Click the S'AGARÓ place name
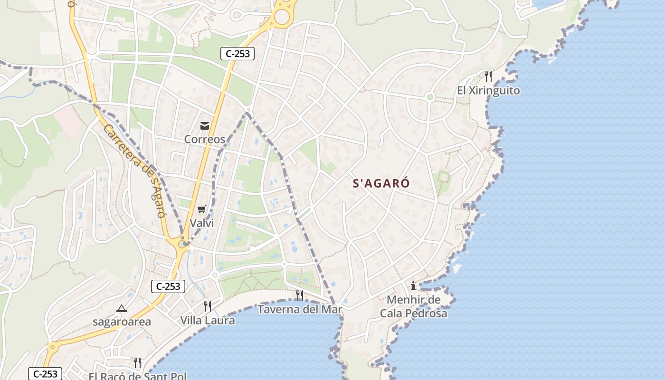click(381, 183)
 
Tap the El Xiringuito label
click(488, 90)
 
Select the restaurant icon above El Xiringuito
click(488, 76)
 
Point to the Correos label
click(204, 139)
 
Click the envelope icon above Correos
click(205, 126)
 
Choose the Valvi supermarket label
click(202, 223)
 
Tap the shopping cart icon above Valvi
click(202, 209)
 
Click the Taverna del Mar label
click(300, 309)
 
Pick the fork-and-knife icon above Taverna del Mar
click(299, 295)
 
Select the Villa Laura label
click(207, 320)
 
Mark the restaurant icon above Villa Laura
click(207, 306)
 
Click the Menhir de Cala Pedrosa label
click(413, 306)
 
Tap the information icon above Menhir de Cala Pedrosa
click(413, 285)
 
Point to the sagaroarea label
click(122, 322)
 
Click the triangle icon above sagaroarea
click(122, 308)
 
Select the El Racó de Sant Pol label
click(137, 376)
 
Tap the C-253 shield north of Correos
click(237, 54)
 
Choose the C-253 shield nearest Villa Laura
click(168, 286)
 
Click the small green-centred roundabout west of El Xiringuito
click(430, 97)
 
